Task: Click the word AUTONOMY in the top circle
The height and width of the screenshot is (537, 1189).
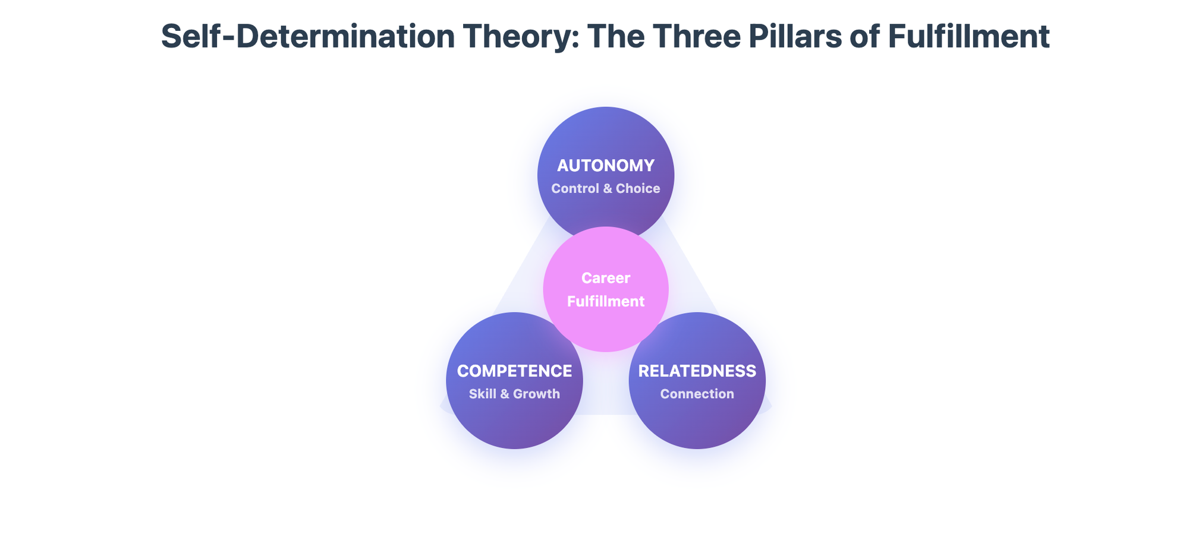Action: click(605, 165)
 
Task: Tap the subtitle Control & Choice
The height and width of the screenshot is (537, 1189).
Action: click(605, 189)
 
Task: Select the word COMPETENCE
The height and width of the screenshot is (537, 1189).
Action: click(514, 371)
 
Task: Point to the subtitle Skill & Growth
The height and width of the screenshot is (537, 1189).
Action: click(514, 394)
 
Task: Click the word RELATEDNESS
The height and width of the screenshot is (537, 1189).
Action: click(697, 371)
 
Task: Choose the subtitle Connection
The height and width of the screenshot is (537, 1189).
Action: click(697, 394)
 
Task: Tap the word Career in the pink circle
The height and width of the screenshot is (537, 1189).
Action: click(606, 278)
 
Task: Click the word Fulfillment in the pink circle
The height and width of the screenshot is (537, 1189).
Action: click(606, 301)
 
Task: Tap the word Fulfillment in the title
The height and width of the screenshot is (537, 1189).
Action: click(968, 37)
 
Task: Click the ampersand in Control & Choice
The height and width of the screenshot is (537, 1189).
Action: click(607, 189)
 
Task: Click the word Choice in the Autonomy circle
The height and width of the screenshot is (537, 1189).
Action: click(638, 189)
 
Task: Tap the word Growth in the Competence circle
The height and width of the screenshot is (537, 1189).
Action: click(536, 394)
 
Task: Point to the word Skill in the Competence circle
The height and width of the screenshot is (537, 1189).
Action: click(482, 394)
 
